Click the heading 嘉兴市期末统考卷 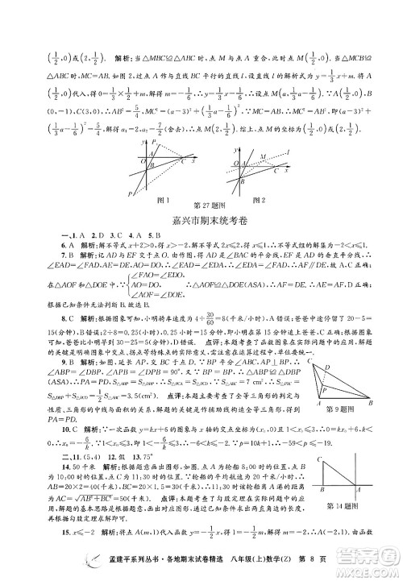pos(201,218)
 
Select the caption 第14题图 pos(347,504)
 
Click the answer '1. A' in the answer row pos(55,234)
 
